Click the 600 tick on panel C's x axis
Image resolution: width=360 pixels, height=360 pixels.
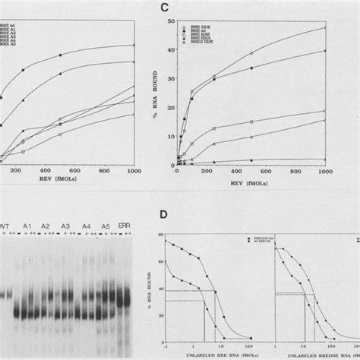pyautogui.click(x=266, y=174)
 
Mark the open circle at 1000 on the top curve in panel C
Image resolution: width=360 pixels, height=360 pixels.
pyautogui.click(x=326, y=28)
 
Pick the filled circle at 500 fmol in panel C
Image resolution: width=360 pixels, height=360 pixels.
pyautogui.click(x=251, y=68)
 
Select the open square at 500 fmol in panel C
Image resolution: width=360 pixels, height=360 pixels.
pyautogui.click(x=251, y=122)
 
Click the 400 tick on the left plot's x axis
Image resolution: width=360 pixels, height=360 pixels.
pyautogui.click(x=47, y=174)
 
